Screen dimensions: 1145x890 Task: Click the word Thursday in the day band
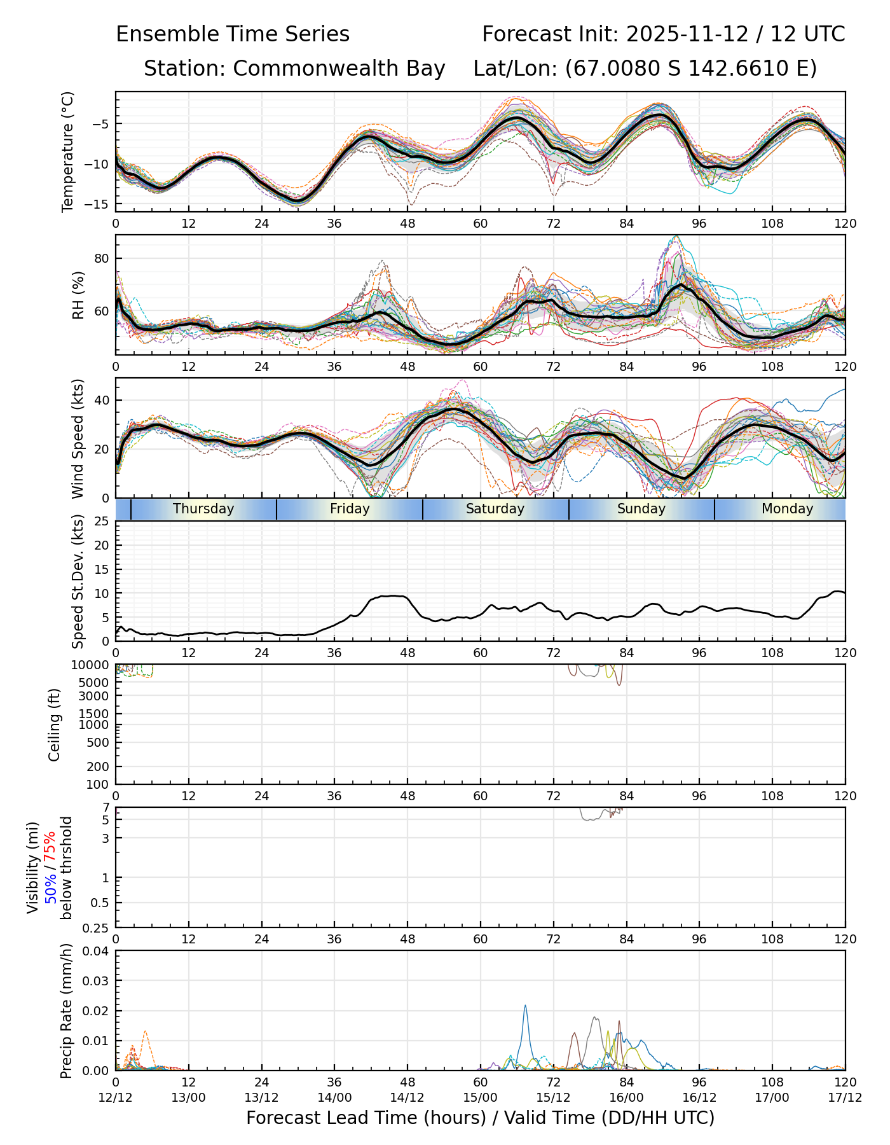(203, 509)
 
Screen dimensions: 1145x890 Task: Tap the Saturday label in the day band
(495, 509)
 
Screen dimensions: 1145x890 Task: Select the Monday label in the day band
(787, 509)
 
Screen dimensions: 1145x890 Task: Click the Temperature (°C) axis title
(68, 151)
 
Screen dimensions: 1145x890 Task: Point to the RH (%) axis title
(78, 295)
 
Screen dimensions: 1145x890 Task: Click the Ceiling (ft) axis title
(55, 725)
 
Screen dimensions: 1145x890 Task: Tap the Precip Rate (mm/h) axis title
(66, 1011)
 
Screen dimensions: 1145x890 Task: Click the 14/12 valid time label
(407, 1097)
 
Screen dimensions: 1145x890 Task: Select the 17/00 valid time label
(772, 1097)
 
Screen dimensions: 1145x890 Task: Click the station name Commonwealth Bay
(339, 69)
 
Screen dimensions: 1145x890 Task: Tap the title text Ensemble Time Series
(233, 34)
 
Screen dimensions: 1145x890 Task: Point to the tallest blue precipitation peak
(525, 1006)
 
